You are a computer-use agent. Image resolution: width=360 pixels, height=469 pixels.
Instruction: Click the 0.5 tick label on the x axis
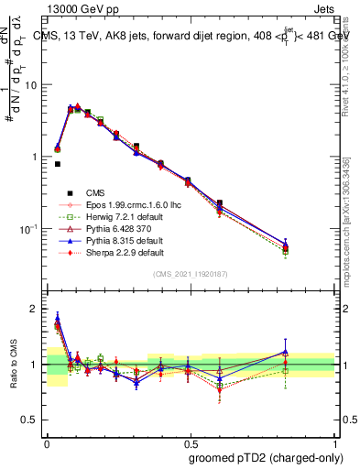[191, 442]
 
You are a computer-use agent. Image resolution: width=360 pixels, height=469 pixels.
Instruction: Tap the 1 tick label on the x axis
[334, 442]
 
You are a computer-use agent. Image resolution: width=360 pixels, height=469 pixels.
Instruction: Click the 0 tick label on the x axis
[47, 442]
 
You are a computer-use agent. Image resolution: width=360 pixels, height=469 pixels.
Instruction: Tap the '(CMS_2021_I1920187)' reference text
[190, 275]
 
